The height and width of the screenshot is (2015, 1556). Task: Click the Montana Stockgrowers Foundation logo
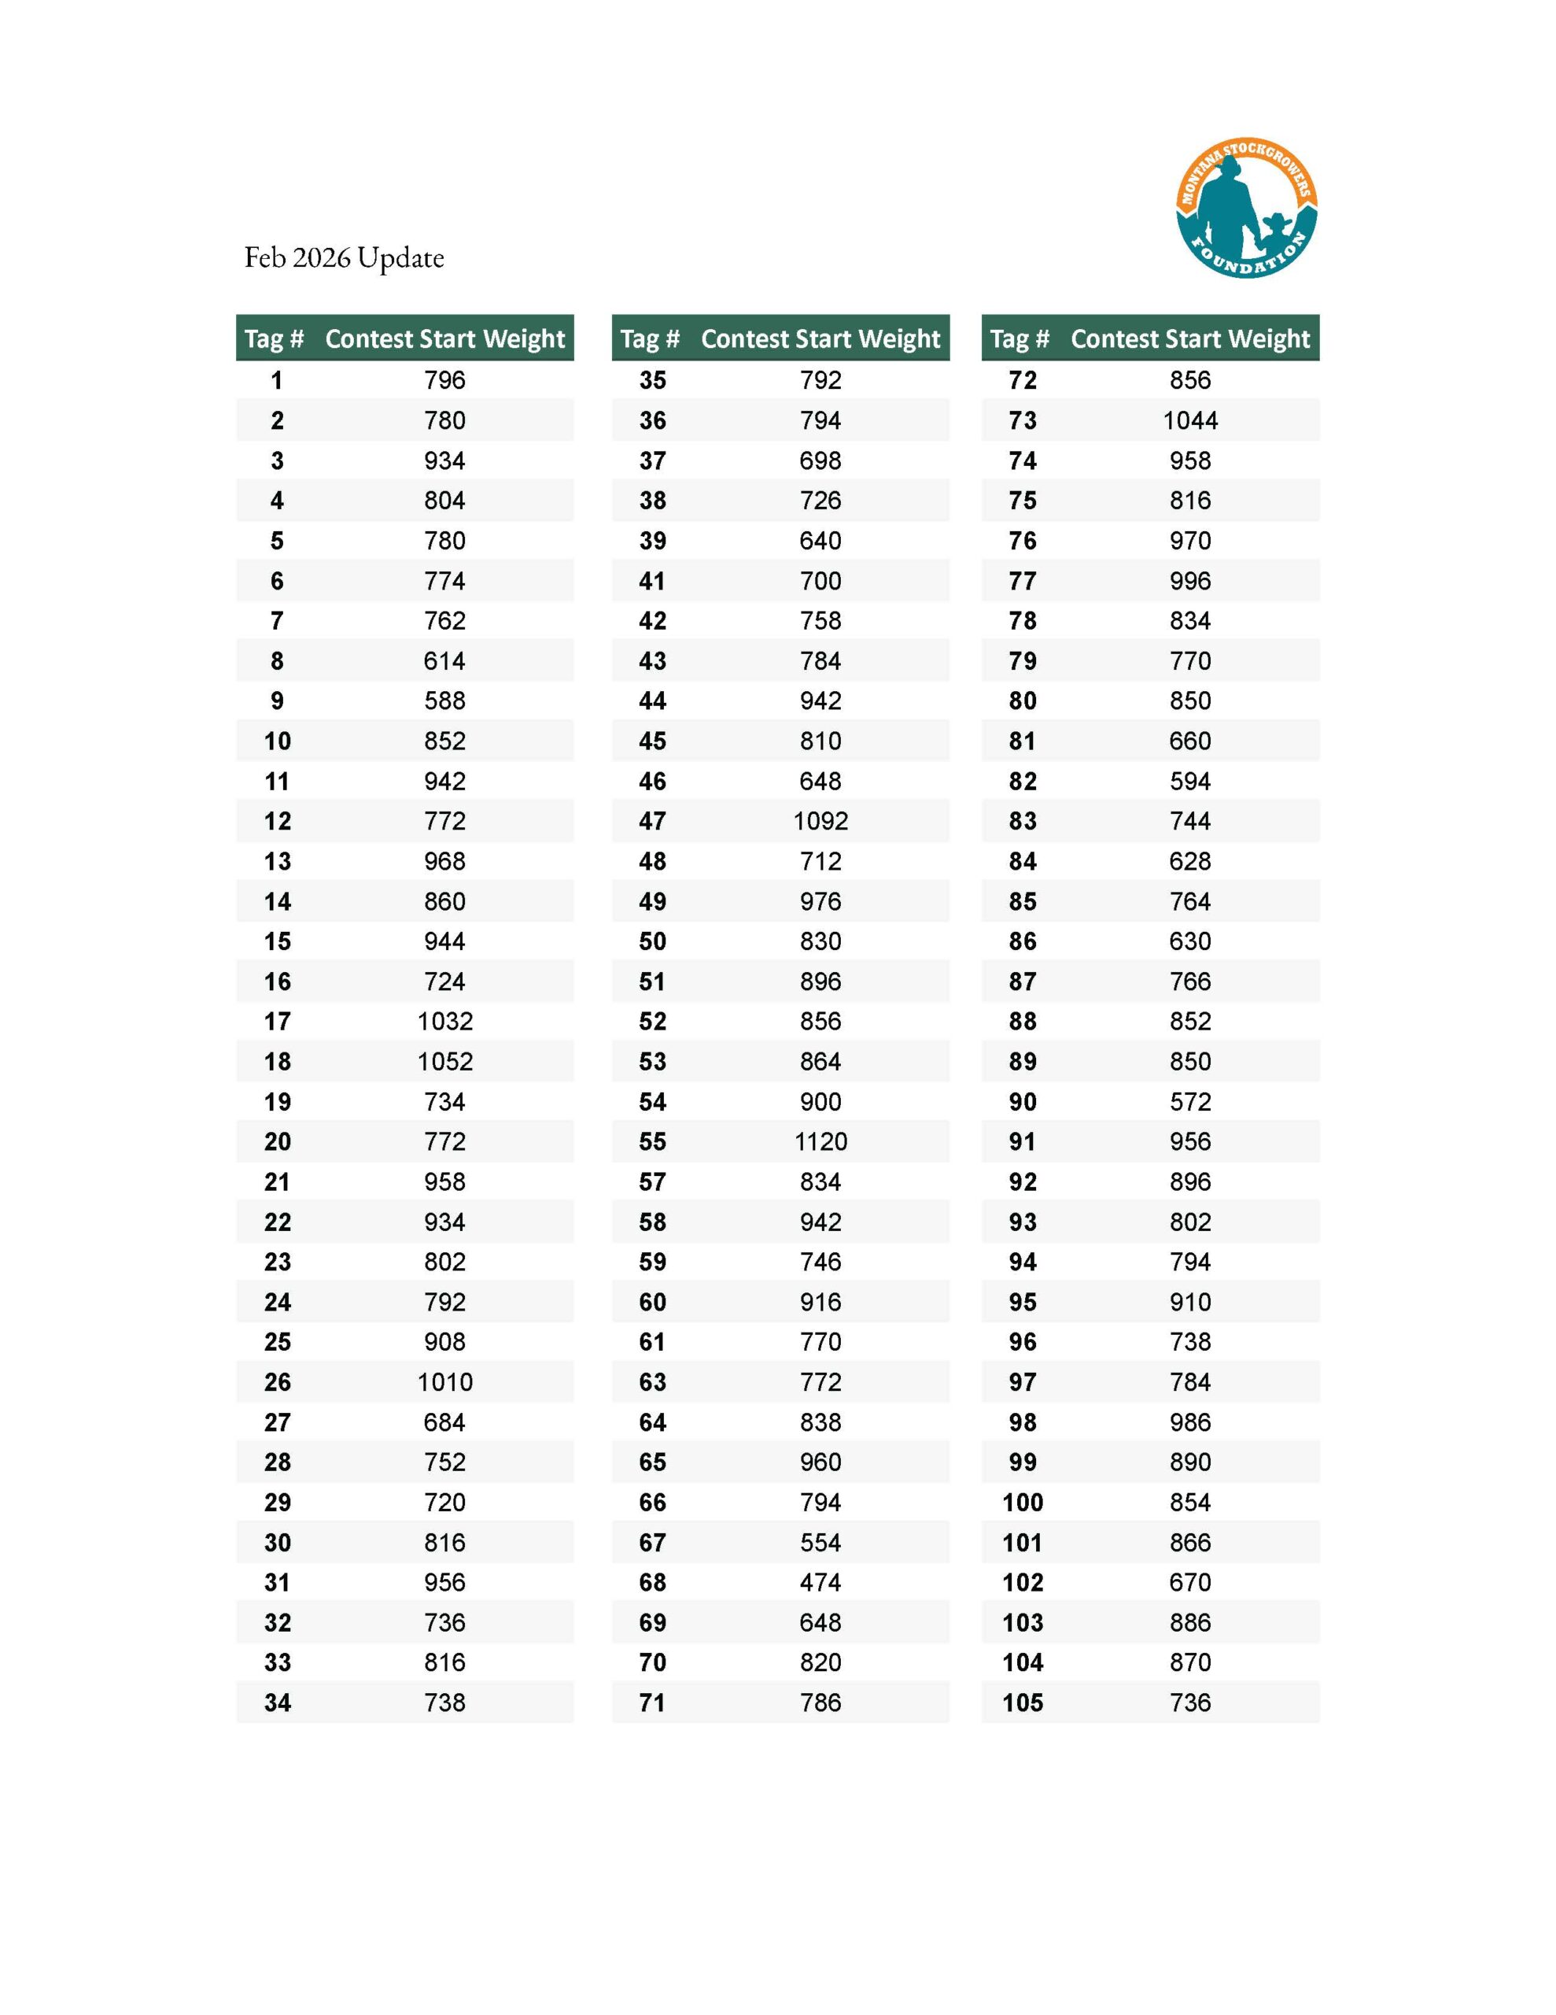coord(1245,209)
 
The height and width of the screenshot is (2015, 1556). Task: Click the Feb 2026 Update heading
coord(344,257)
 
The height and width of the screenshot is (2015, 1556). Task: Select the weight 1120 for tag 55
coord(820,1141)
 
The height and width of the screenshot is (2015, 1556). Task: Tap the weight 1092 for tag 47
coord(820,821)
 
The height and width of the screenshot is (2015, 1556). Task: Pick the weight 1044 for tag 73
coord(1190,421)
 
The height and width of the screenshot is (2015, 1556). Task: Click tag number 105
coord(1022,1703)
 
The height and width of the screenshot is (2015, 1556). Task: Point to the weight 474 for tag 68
coord(820,1582)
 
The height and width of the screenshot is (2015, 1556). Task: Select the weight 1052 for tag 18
coord(444,1062)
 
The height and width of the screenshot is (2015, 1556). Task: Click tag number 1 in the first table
coord(277,380)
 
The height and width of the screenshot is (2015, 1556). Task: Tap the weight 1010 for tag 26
coord(444,1382)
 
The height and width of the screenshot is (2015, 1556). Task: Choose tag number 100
coord(1022,1502)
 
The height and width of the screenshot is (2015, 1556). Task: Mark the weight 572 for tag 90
coord(1190,1102)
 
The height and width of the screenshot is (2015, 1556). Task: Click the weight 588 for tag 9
coord(444,701)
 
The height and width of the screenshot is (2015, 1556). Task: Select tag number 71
coord(652,1703)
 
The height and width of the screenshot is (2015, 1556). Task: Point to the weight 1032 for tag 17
coord(444,1022)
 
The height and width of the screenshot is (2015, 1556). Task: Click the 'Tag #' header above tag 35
coord(649,338)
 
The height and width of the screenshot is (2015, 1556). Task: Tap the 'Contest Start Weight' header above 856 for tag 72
coord(1190,338)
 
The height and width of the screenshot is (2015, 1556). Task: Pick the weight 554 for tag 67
coord(820,1543)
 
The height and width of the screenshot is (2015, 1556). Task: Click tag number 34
coord(277,1703)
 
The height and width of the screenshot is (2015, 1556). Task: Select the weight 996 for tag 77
coord(1190,581)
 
